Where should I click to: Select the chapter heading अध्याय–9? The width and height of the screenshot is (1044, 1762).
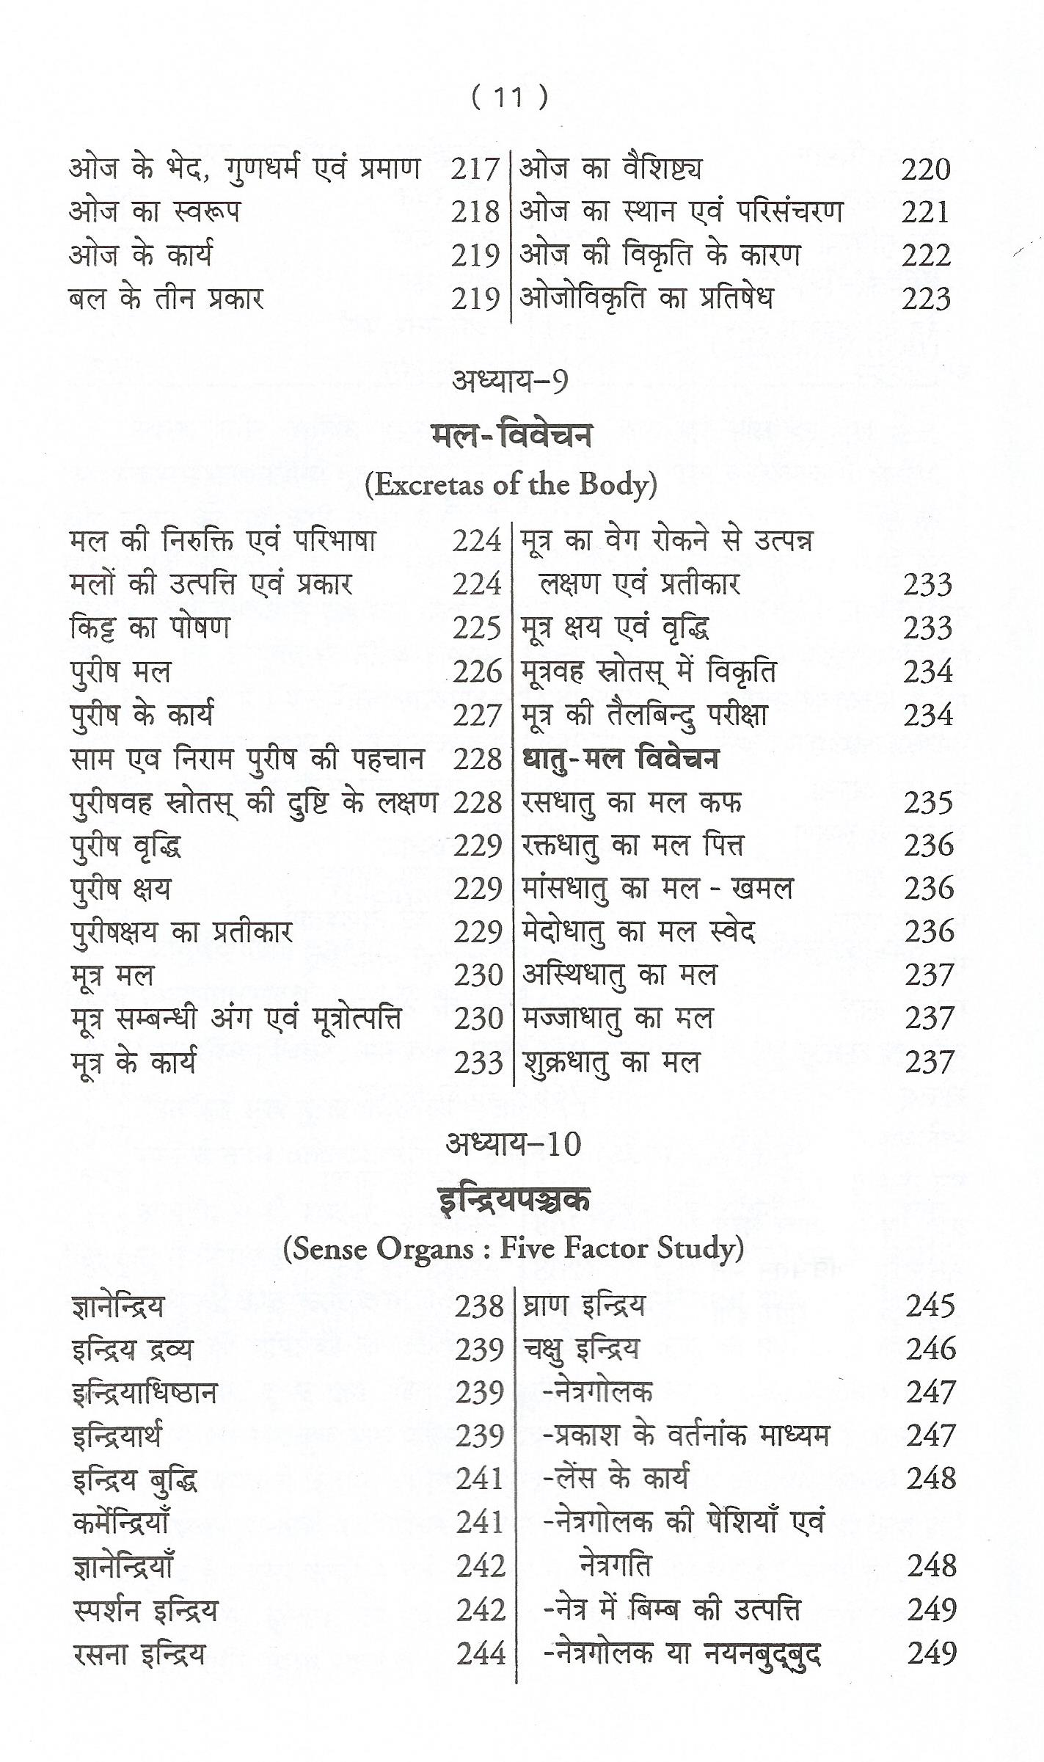(x=510, y=382)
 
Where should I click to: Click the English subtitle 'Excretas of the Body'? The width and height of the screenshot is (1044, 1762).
(x=511, y=485)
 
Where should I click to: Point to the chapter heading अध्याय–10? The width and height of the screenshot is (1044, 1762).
(x=512, y=1144)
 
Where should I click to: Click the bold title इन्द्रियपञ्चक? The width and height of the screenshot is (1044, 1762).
(x=513, y=1199)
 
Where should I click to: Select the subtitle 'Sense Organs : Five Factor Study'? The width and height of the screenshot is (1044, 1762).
(x=513, y=1248)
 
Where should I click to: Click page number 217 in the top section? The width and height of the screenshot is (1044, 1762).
(x=475, y=170)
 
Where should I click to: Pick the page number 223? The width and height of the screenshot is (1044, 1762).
(x=926, y=299)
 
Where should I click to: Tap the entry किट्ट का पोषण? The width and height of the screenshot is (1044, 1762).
(x=150, y=628)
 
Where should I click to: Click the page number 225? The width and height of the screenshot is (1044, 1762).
(x=477, y=629)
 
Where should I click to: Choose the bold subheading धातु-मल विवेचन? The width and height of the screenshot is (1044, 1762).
(x=621, y=759)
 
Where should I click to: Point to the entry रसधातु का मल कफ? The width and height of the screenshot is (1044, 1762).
(x=632, y=803)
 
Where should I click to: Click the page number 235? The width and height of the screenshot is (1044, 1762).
(x=928, y=803)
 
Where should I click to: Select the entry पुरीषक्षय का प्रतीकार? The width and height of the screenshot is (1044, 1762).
(x=182, y=933)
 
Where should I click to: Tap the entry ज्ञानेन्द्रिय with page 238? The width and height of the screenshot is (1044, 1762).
(x=119, y=1307)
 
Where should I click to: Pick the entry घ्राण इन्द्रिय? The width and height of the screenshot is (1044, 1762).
(x=584, y=1306)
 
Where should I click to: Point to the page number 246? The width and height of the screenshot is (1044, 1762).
(x=930, y=1349)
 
